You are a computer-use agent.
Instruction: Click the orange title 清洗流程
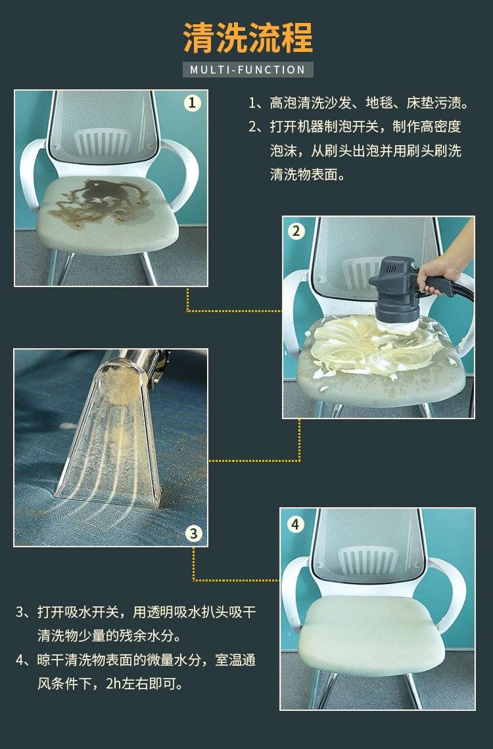click(x=248, y=37)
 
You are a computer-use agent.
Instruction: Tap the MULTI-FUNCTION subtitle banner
click(x=248, y=70)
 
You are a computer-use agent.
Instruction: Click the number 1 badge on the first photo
click(x=192, y=102)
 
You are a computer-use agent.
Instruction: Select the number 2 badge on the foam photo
click(x=296, y=231)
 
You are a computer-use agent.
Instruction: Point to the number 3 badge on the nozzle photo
click(x=193, y=533)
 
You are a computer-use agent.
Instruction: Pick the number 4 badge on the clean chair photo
click(x=295, y=524)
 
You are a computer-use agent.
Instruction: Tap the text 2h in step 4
click(x=114, y=683)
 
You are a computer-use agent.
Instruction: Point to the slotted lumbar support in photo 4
click(x=368, y=561)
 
